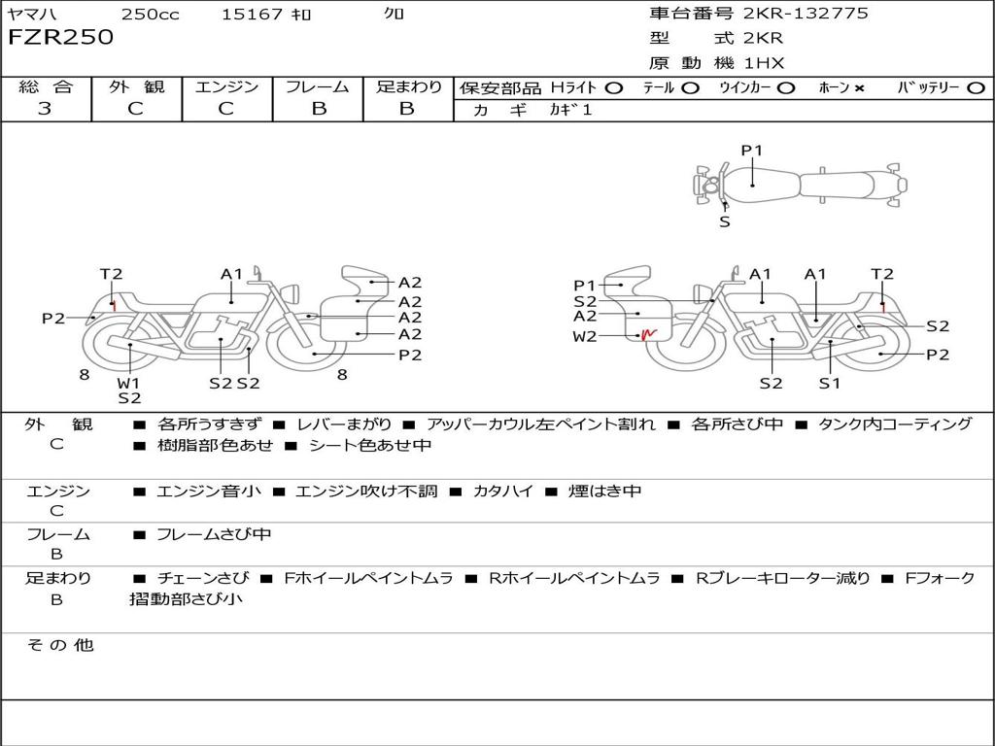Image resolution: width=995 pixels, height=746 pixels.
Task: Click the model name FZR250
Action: pos(61,37)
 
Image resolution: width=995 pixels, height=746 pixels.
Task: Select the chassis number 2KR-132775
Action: pos(806,13)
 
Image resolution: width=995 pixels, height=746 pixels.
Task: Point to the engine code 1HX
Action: pos(764,63)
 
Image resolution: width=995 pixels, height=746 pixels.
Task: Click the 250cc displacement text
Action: pos(151,14)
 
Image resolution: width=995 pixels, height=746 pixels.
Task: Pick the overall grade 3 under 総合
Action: pos(45,109)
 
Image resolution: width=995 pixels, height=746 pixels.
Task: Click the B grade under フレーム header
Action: pos(319,109)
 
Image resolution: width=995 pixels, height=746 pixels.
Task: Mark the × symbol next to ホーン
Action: pos(859,88)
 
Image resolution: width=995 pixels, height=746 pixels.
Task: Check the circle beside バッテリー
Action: pos(976,88)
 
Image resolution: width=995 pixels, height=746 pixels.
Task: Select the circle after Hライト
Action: pos(614,88)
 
